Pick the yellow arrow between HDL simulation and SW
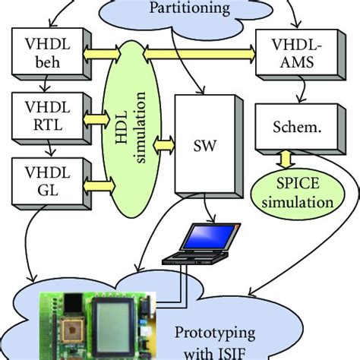point(163,141)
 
